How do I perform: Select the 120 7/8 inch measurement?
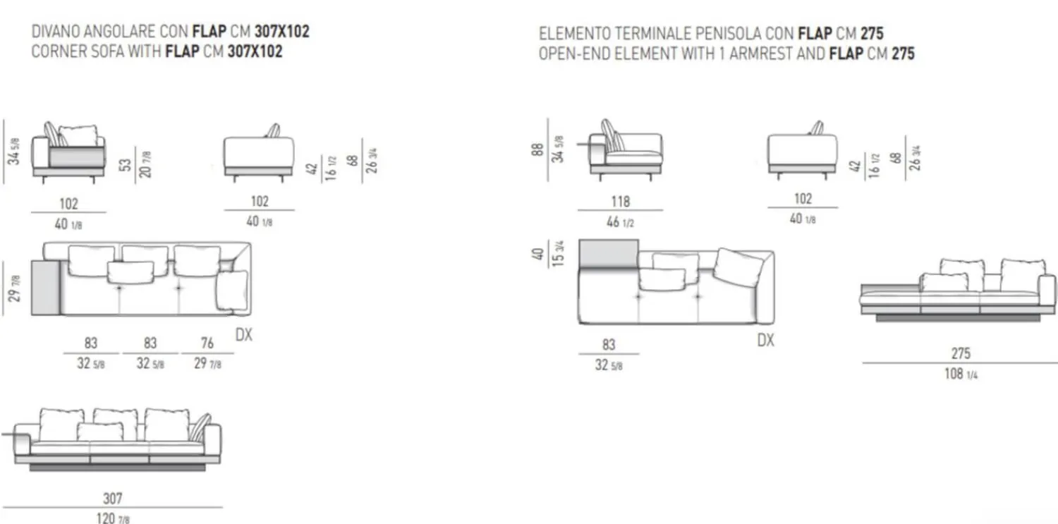coord(112,518)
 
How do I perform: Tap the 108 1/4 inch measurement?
coord(961,374)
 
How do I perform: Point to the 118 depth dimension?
coord(620,202)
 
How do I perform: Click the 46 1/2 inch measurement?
coord(620,221)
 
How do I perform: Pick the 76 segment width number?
coord(207,343)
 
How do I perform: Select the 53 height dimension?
coord(125,164)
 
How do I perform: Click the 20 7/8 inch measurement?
coord(147,164)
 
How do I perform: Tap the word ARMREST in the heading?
coord(765,54)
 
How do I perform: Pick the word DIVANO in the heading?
coord(54,32)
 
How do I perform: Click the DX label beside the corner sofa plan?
coord(243,334)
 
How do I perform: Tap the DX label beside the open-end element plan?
coord(765,340)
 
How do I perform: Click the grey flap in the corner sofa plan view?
coord(46,287)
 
